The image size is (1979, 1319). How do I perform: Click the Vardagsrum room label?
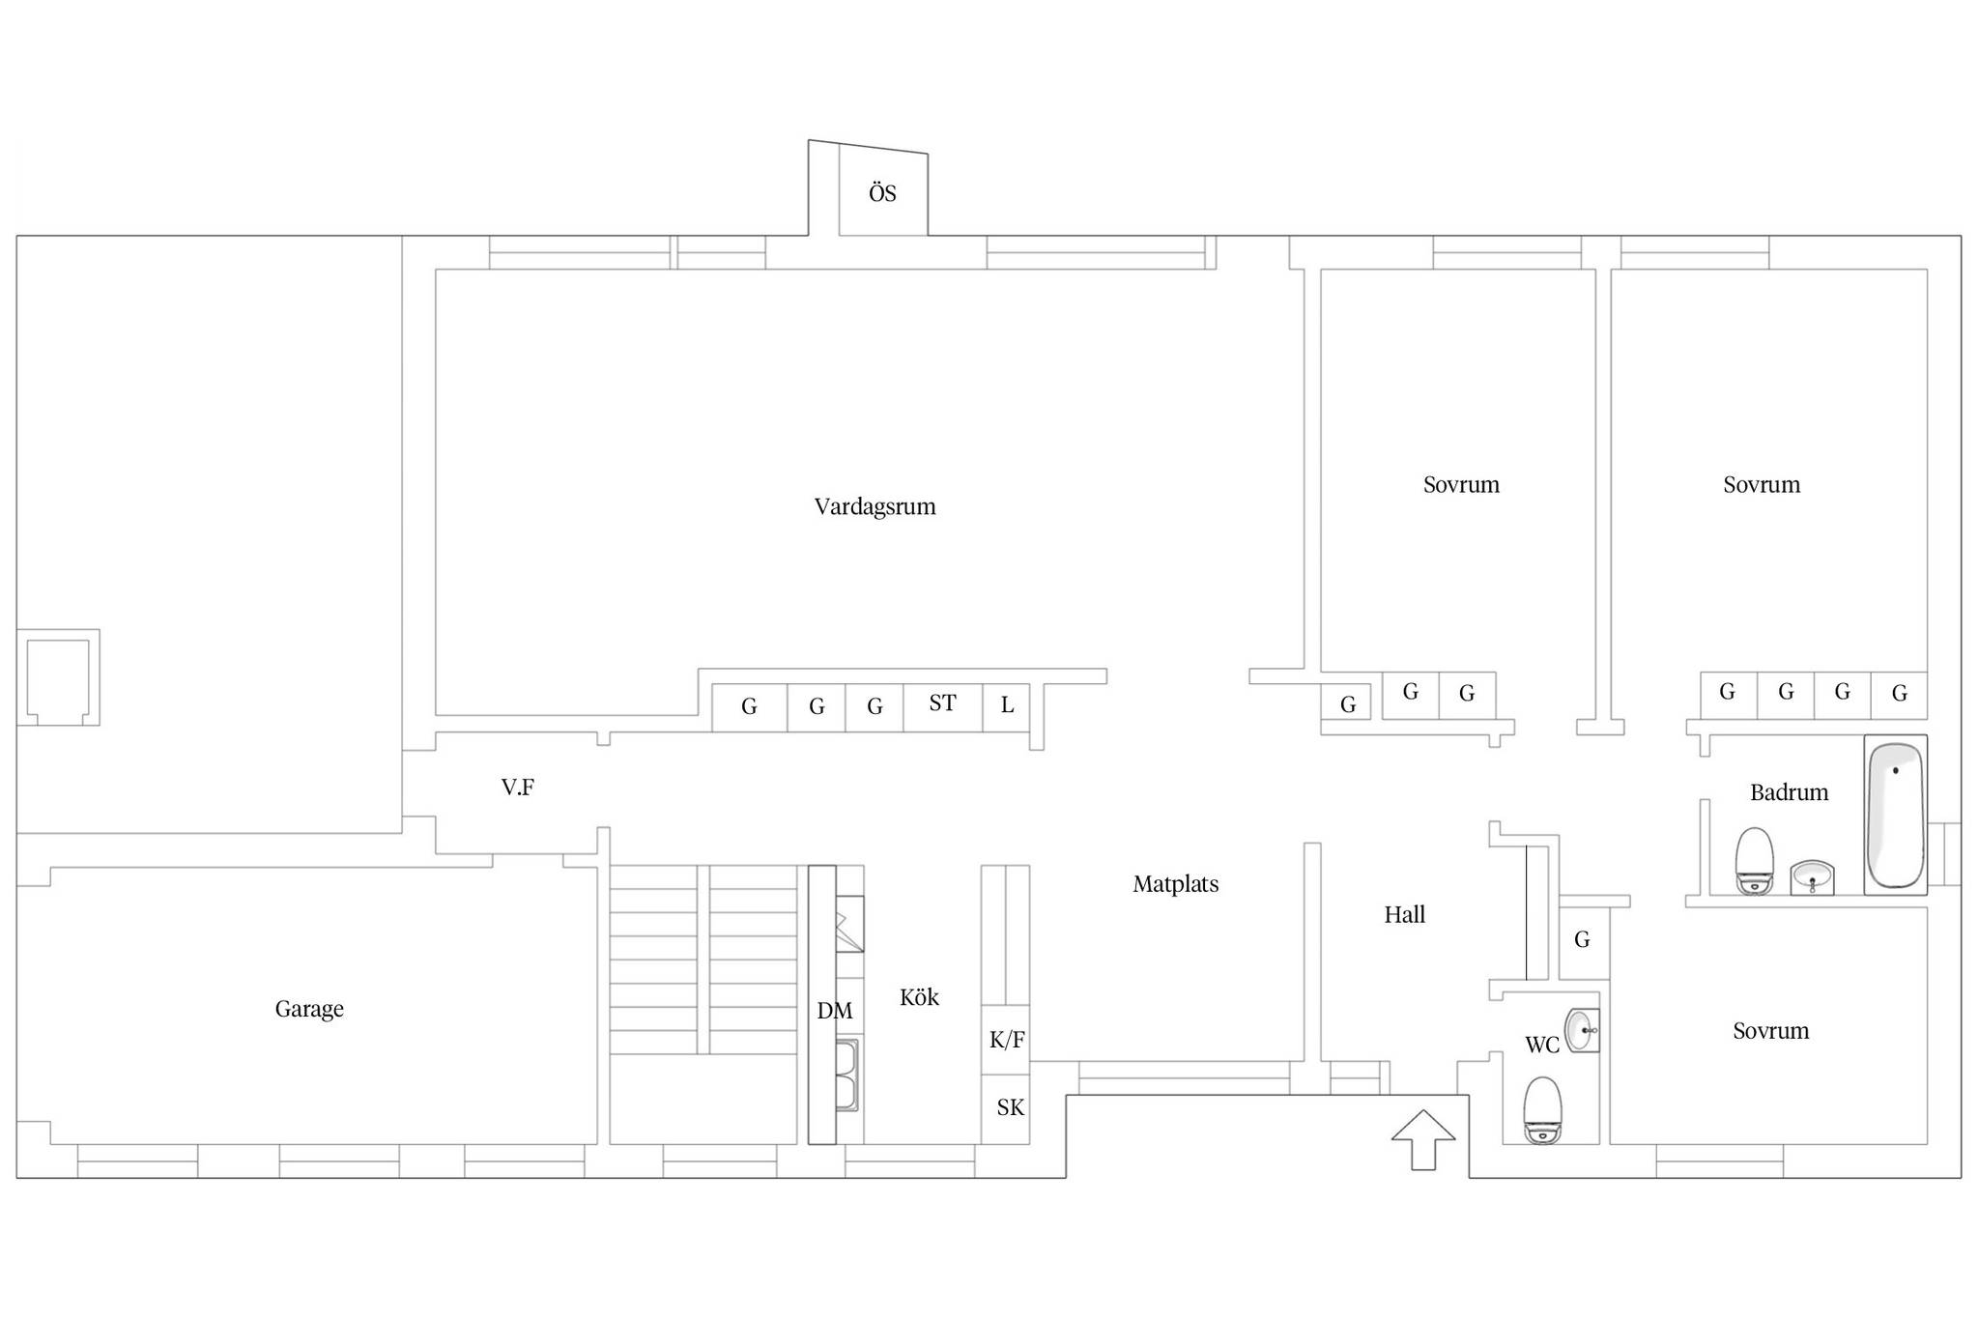(875, 506)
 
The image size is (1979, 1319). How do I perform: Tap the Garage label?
(309, 1009)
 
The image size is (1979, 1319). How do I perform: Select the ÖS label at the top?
(882, 193)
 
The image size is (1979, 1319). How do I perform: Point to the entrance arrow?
(1423, 1140)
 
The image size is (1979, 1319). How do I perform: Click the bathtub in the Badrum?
(1895, 815)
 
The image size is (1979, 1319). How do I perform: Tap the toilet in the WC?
(1542, 1110)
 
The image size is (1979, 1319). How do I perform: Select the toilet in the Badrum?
(1754, 861)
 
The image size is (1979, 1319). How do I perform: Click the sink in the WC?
(1582, 1030)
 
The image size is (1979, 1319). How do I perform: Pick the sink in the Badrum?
(1812, 877)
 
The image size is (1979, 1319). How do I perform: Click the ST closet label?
(942, 703)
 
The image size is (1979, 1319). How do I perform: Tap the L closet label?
(1007, 705)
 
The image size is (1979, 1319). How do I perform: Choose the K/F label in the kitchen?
(1007, 1040)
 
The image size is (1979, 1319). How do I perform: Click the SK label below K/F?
(1010, 1107)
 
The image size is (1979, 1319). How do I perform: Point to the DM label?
(835, 1011)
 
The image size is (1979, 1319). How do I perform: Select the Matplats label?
(1176, 884)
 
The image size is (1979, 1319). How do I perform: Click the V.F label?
(517, 788)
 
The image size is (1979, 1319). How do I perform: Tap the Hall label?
(1404, 914)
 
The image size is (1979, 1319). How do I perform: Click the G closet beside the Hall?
(1582, 939)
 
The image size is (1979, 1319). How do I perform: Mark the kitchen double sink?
(846, 1075)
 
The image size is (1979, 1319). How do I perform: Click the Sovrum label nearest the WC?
(1770, 1031)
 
